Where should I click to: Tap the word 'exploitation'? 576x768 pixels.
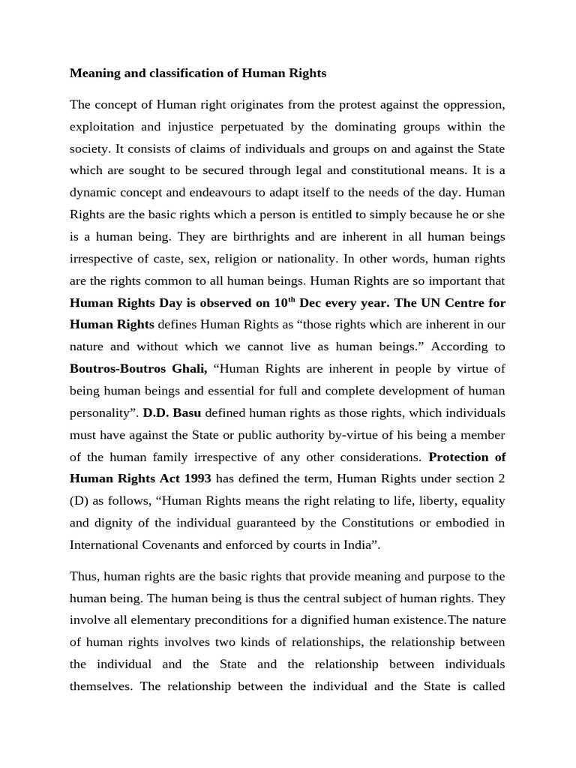pos(102,126)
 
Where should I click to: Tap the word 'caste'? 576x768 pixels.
pos(184,259)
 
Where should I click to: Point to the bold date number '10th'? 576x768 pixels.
pos(283,302)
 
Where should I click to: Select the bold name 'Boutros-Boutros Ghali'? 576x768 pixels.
pos(138,370)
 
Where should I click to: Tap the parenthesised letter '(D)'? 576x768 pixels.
pos(79,502)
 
